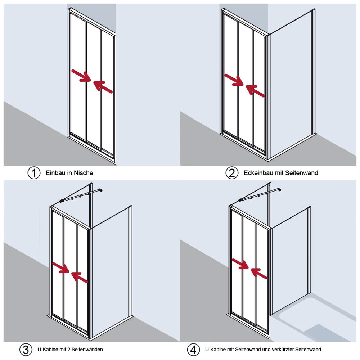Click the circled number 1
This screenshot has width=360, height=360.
tap(34, 173)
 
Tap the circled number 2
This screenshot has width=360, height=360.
tap(231, 173)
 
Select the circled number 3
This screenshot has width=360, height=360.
tap(26, 350)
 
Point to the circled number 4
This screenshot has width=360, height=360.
tap(193, 350)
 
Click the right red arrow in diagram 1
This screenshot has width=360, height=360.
tap(103, 86)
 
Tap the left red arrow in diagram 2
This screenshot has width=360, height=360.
tap(234, 80)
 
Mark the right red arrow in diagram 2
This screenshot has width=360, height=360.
tap(255, 90)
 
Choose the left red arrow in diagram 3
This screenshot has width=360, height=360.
tap(61, 267)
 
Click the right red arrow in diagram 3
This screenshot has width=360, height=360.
tap(80, 277)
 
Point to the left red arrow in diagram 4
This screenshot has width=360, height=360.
tap(240, 264)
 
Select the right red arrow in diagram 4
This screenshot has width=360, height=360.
tap(259, 274)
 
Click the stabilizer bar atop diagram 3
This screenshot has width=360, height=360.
tap(81, 195)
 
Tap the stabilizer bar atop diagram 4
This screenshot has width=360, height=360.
tap(260, 195)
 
